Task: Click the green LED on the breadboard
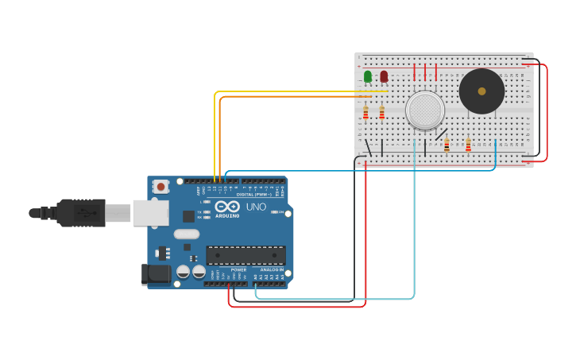tap(367, 76)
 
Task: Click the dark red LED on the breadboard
tap(384, 76)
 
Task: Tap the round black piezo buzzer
tap(481, 91)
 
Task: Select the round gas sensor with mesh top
tap(425, 110)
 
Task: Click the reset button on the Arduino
tap(161, 187)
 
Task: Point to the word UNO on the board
tap(256, 207)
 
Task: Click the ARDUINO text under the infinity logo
tap(227, 215)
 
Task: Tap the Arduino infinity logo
tap(227, 206)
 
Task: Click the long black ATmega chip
tap(245, 255)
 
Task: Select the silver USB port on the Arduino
tap(151, 212)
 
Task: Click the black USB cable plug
tap(79, 213)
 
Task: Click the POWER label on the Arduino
tap(238, 269)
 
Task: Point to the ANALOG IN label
tap(272, 269)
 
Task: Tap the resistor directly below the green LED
tap(365, 113)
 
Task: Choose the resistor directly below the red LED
tap(382, 113)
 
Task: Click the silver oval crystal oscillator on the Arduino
tap(186, 234)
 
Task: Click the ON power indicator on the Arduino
tap(280, 212)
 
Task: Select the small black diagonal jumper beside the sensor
tap(441, 134)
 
